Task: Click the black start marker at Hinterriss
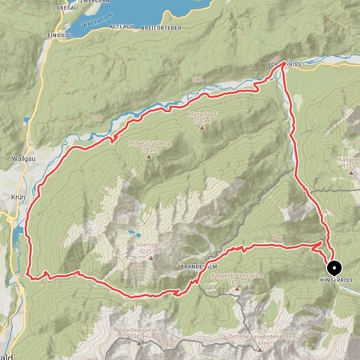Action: coord(332,268)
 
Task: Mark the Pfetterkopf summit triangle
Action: coord(202,126)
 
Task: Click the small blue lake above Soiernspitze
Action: coord(128,236)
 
